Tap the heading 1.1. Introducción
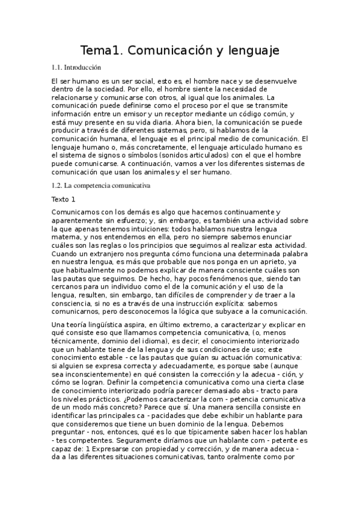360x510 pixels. (76, 68)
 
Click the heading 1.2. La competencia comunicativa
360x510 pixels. (100, 186)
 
